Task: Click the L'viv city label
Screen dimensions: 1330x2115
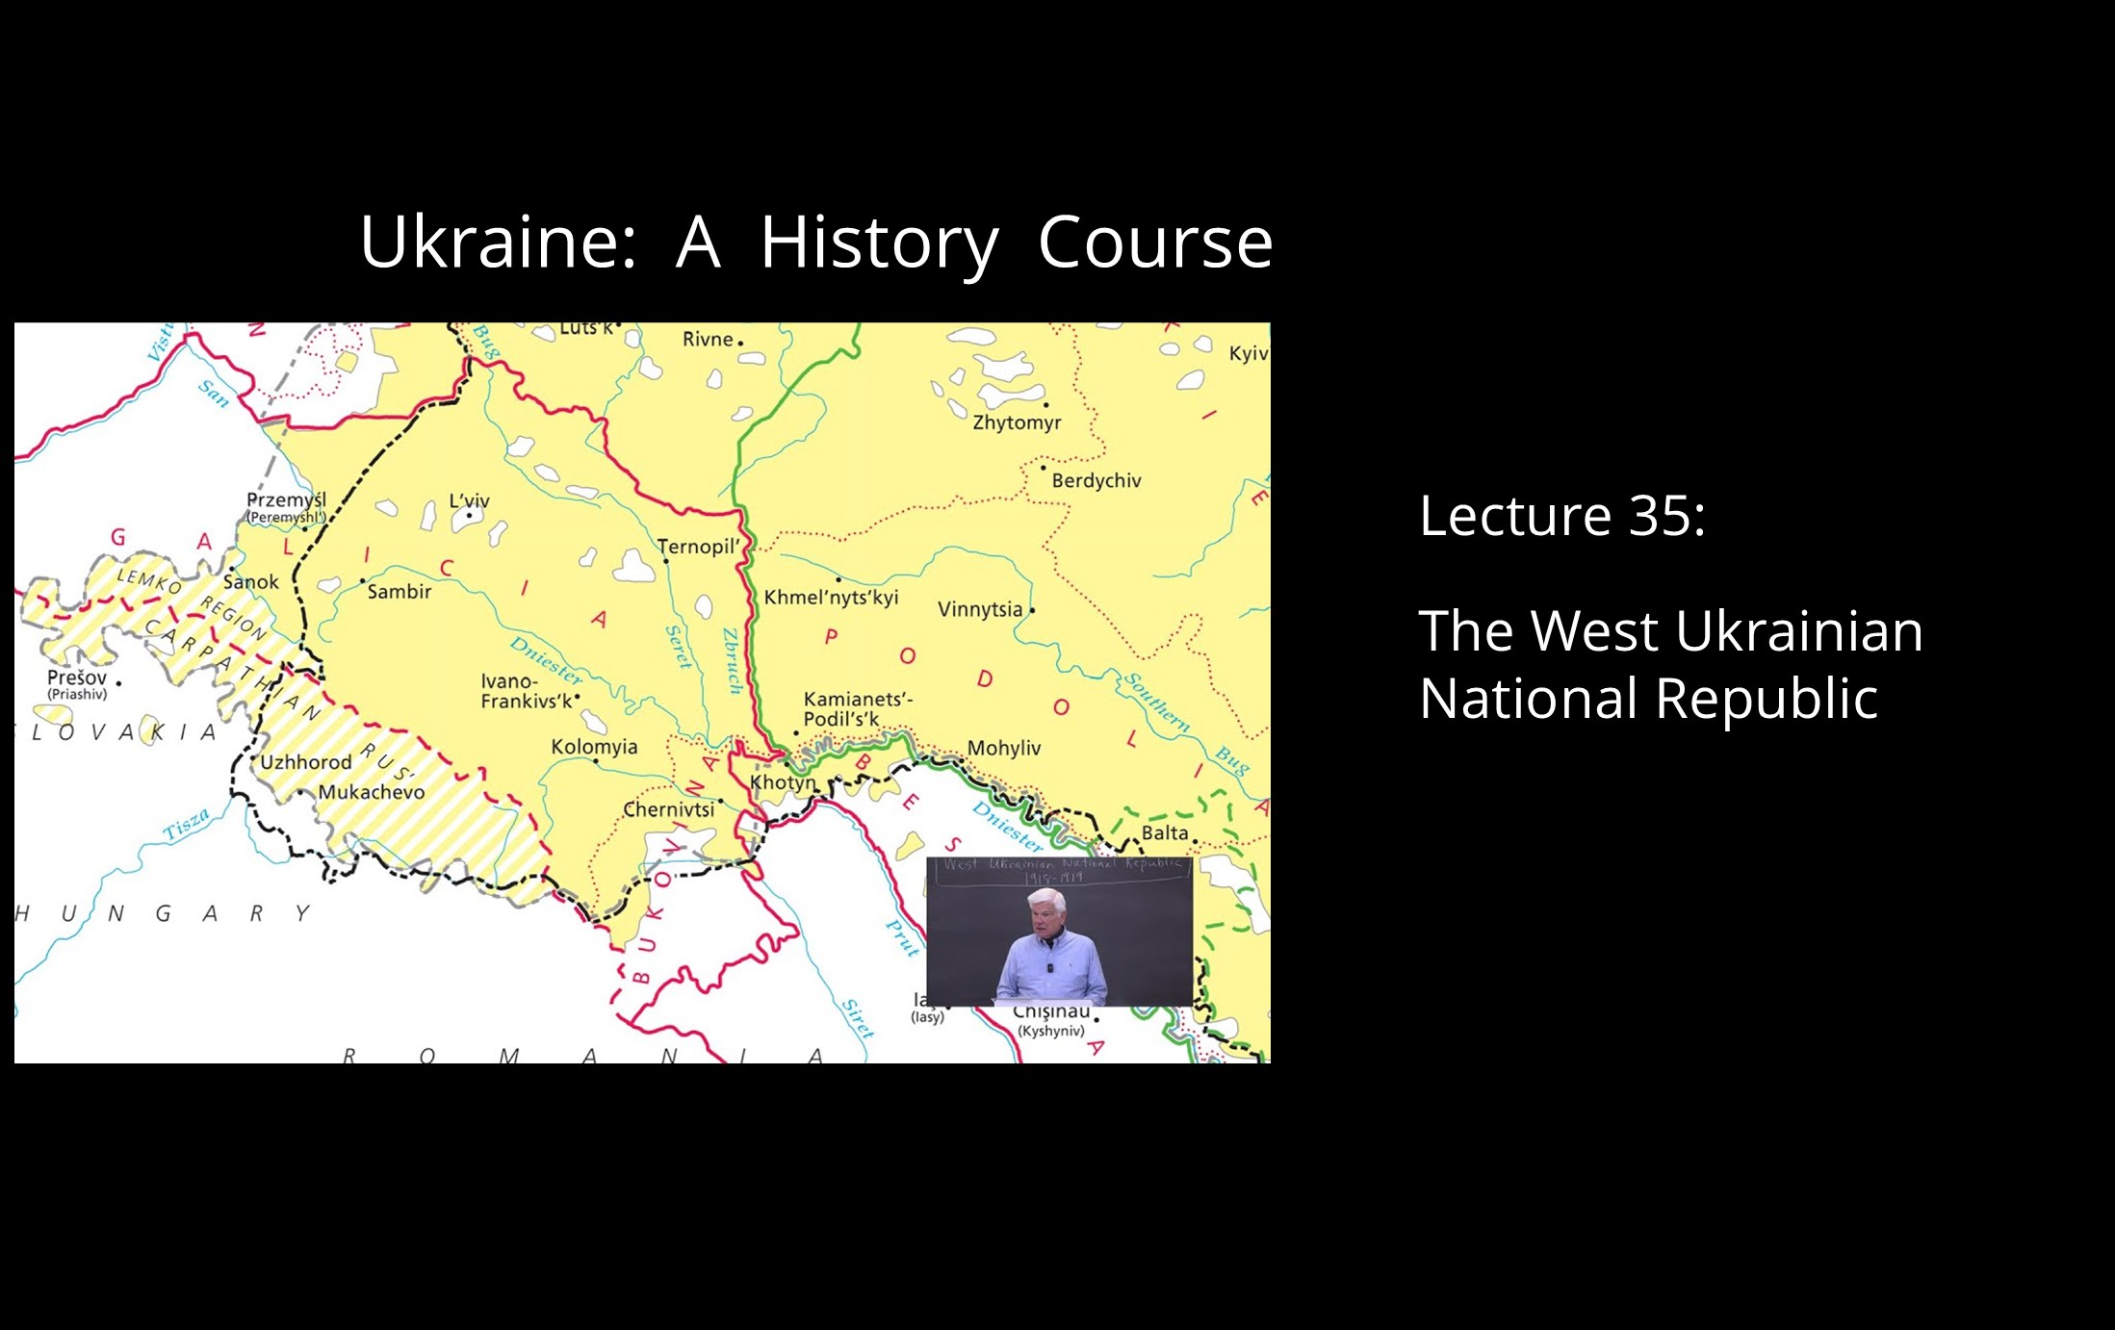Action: pos(470,501)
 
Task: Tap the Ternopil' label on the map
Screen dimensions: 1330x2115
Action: pos(699,547)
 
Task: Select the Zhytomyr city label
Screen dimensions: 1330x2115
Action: pos(1017,422)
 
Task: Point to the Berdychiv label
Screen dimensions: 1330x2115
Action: pos(1096,480)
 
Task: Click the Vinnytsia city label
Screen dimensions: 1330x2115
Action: pos(980,609)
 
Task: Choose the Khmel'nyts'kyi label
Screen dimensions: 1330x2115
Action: pos(831,597)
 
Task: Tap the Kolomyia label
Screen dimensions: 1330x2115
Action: pos(594,747)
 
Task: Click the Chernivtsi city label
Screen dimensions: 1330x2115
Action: pos(669,809)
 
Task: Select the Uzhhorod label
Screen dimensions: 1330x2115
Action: pos(306,762)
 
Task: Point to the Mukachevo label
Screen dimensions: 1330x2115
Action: pos(371,792)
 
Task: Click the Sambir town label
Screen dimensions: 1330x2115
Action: pos(400,592)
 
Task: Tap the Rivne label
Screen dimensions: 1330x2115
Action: pos(709,339)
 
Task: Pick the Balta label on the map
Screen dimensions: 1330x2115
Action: pos(1165,832)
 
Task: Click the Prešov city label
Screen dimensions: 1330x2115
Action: pos(77,678)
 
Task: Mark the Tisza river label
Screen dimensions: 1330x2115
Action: pos(186,825)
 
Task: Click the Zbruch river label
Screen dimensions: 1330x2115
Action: pos(733,661)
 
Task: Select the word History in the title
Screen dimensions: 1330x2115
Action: pos(879,243)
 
